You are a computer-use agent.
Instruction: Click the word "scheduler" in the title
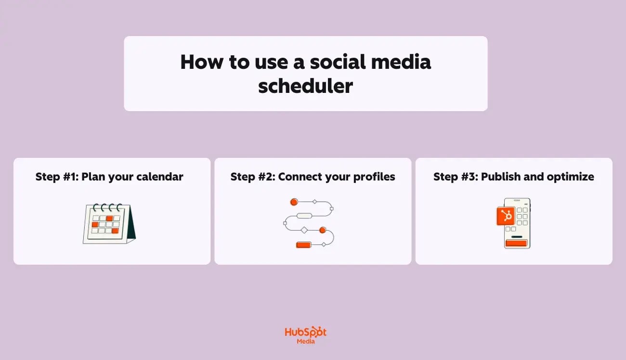pos(305,86)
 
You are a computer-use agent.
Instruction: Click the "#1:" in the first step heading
pos(71,177)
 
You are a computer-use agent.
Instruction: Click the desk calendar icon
pos(109,223)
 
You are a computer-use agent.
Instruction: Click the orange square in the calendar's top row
pos(110,218)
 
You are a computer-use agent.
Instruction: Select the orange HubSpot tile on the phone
pos(506,216)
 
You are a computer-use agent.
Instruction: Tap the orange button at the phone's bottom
pos(516,243)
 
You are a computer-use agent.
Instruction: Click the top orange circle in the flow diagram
pos(294,202)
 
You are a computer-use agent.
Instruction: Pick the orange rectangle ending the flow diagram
pos(303,245)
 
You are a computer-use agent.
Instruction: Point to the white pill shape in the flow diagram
pos(304,216)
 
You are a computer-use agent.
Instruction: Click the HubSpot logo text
pos(305,333)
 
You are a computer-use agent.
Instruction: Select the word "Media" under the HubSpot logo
pos(306,341)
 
